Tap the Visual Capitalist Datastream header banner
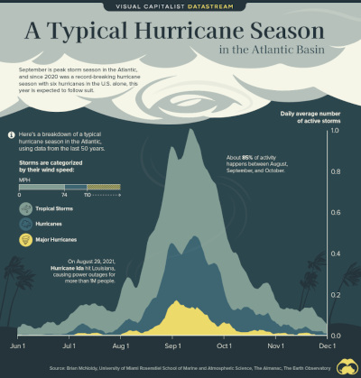180,5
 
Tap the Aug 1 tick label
120,346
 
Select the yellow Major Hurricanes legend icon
27,241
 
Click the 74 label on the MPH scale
64,195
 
